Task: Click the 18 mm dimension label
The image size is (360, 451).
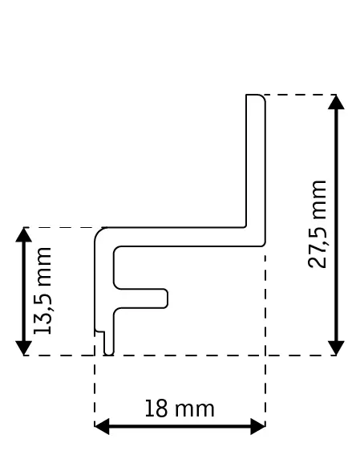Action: click(179, 408)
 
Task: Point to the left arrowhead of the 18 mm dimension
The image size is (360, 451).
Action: click(101, 426)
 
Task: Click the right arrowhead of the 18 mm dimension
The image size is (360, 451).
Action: click(259, 426)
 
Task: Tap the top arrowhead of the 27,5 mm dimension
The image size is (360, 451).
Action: click(337, 101)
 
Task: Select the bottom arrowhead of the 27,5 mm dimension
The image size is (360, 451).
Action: click(337, 349)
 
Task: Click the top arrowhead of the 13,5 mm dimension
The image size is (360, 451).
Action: click(24, 234)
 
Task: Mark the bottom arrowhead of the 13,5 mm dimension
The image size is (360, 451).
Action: click(24, 349)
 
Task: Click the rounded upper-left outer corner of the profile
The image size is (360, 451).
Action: click(99, 232)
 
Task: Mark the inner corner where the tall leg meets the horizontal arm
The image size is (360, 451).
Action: click(245, 226)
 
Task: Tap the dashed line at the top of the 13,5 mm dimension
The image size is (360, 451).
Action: click(60, 227)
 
